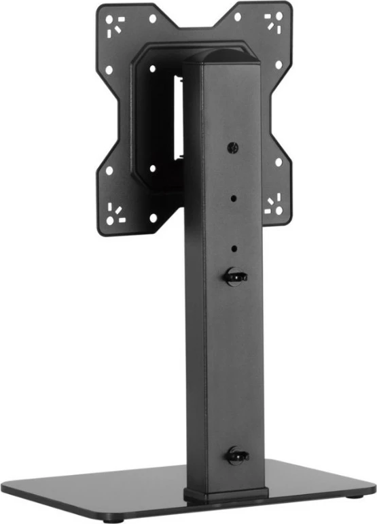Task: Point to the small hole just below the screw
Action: (233, 199)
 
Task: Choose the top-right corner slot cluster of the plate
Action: (274, 22)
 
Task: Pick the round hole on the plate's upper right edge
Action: (278, 65)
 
